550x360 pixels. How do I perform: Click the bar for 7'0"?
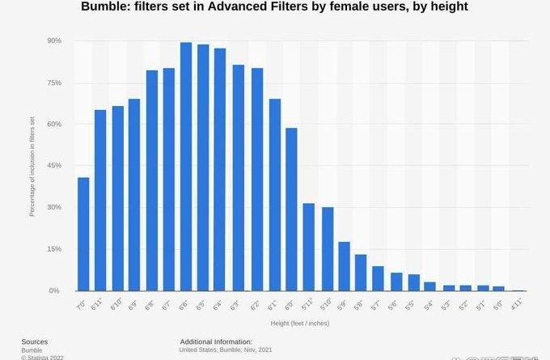tap(83, 234)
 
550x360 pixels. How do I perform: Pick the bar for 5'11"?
tap(309, 247)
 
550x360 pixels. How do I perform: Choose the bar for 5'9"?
tap(344, 266)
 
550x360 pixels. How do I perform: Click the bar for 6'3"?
tap(239, 178)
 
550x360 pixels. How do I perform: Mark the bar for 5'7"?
tap(379, 278)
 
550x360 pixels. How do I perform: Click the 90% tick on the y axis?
tap(55, 40)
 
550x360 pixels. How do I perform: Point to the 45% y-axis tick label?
tap(55, 166)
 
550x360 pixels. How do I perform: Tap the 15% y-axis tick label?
tap(55, 249)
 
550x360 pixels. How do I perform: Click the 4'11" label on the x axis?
tap(518, 304)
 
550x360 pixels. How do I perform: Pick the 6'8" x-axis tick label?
tap(150, 304)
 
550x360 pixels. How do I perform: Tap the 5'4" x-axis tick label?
tap(429, 304)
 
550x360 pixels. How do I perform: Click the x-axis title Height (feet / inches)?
tap(299, 323)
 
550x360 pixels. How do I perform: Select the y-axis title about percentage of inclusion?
tap(32, 166)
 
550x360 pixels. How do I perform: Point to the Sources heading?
tap(35, 341)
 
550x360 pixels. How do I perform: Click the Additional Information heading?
tap(216, 341)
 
